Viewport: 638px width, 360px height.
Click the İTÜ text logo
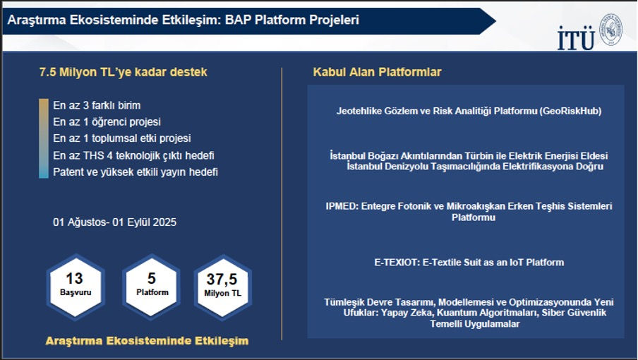[576, 38]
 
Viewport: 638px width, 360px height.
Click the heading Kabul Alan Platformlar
[377, 72]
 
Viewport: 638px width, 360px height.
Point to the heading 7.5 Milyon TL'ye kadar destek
[124, 72]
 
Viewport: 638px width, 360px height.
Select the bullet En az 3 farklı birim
[97, 105]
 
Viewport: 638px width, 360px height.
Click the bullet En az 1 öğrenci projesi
[107, 121]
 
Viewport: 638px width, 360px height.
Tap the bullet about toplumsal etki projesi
[122, 138]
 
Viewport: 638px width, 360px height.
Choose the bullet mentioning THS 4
[133, 155]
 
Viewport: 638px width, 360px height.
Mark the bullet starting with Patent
[136, 172]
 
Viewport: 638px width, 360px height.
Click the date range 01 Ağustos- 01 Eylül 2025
[115, 222]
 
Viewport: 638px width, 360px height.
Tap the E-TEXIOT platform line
[469, 263]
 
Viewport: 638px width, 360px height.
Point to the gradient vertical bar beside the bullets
[44, 138]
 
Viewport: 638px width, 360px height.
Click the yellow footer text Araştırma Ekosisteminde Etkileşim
[147, 341]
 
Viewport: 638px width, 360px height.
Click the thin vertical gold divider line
[282, 204]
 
